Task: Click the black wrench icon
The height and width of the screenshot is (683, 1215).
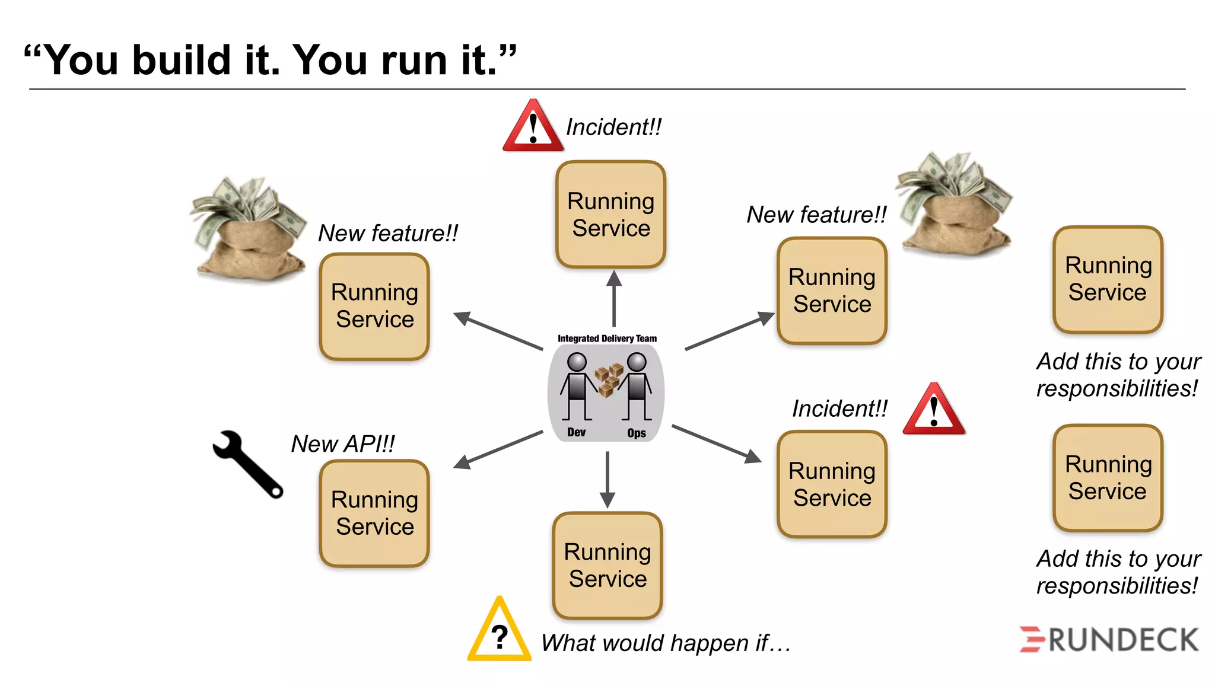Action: [247, 464]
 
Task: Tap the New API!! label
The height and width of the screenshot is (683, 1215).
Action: [342, 443]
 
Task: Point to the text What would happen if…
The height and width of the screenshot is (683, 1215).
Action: [666, 643]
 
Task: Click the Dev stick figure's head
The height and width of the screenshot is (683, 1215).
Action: [577, 362]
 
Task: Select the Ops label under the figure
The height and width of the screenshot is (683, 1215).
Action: [636, 433]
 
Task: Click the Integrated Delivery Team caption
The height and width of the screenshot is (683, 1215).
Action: [607, 339]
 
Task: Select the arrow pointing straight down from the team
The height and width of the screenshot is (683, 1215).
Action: [607, 479]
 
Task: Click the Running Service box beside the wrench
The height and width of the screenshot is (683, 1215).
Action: [374, 513]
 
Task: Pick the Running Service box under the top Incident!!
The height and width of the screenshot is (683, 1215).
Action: [610, 215]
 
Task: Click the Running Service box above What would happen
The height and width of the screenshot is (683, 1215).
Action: [607, 566]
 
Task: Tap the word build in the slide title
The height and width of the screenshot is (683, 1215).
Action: [181, 60]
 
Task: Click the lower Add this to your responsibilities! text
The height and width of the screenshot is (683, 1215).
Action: [1118, 572]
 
